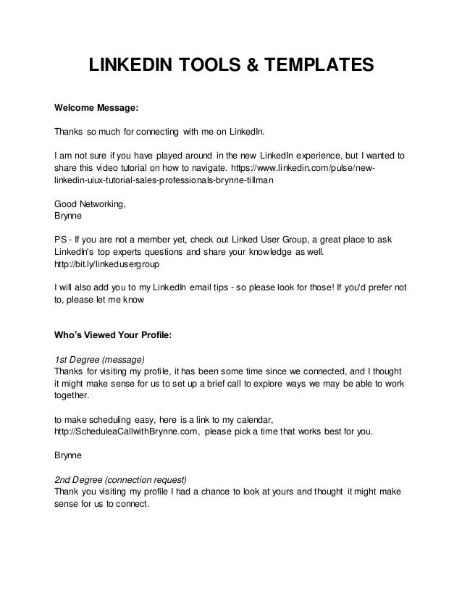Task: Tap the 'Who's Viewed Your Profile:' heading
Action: point(113,336)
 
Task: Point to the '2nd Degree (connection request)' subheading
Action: point(121,480)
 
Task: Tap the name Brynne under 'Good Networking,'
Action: point(70,216)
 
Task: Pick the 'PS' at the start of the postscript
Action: point(62,240)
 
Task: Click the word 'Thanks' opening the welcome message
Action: point(70,132)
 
